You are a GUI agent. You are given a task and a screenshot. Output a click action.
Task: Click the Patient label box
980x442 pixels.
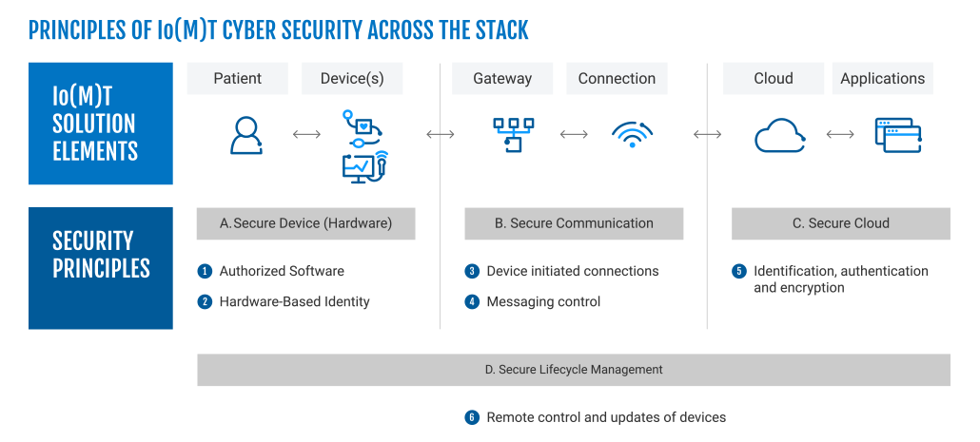pos(237,79)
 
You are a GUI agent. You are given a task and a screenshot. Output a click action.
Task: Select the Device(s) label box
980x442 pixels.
pos(352,79)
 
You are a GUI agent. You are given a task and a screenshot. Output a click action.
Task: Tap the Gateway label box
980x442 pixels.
pos(502,79)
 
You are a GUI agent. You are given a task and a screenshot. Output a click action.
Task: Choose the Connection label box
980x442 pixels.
pos(617,79)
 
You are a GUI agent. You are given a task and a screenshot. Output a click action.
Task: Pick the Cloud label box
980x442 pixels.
pos(773,79)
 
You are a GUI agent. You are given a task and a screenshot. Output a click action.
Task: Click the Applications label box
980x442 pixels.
pos(882,79)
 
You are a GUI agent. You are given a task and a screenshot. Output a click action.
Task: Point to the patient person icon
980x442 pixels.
pos(245,135)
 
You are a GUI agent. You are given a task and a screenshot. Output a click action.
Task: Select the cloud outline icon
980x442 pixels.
pos(780,136)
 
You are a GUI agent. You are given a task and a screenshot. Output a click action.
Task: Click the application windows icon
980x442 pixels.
pos(899,135)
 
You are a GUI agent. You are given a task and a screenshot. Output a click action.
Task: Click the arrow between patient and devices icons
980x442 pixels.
pos(306,135)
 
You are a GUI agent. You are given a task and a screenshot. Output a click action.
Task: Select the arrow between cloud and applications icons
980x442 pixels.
pos(840,135)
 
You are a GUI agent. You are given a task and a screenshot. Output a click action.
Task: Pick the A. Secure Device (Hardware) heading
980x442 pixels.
pos(305,224)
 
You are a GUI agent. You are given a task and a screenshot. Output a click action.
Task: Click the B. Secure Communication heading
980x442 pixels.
pos(574,224)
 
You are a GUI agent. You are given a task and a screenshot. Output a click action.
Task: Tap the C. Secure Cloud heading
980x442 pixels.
pos(840,224)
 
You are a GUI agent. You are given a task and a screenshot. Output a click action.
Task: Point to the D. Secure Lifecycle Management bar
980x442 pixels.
pos(573,370)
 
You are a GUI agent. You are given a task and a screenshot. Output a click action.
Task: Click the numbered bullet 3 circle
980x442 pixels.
pos(471,272)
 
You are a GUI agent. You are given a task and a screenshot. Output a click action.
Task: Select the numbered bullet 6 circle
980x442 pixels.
pos(471,417)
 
